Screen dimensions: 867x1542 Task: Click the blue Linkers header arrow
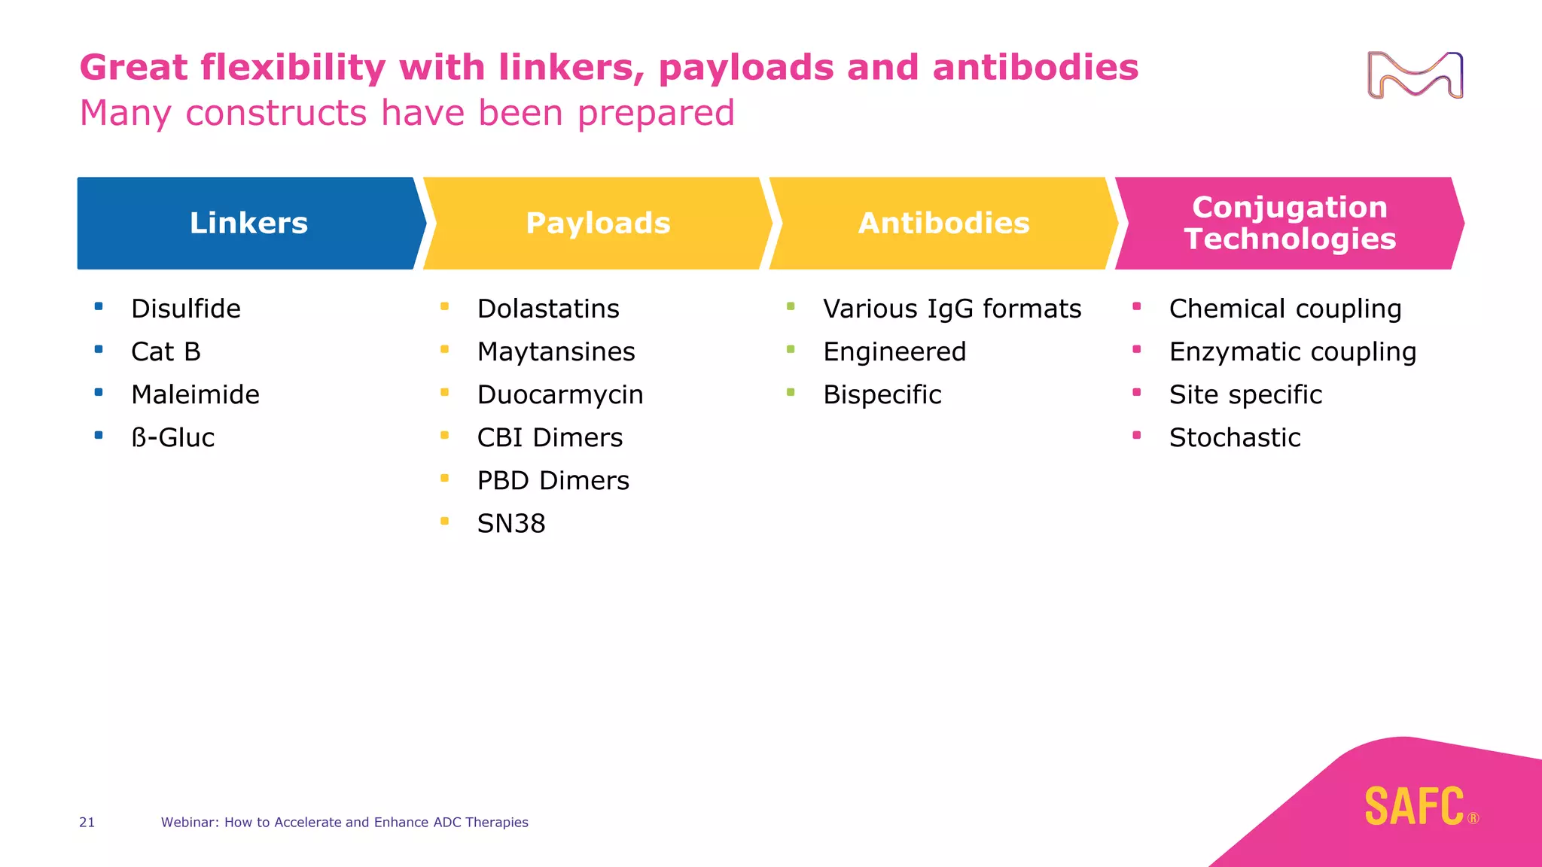248,223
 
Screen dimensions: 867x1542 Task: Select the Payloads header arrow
598,223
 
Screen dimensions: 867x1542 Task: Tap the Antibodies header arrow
943,223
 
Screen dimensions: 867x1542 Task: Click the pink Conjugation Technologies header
1289,223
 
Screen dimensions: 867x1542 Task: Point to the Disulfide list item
185,309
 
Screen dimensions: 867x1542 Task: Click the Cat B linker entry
166,351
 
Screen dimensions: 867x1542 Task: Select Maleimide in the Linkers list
195,394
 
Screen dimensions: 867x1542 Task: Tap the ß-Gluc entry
172,437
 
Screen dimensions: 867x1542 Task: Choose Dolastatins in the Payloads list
548,309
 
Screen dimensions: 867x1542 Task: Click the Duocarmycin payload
560,394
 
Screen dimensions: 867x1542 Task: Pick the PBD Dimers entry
553,480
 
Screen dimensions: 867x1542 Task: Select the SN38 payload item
511,523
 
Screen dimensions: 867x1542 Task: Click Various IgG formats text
952,309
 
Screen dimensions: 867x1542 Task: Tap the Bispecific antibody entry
882,394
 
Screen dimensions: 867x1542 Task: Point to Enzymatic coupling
1292,351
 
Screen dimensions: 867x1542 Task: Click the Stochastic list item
1235,437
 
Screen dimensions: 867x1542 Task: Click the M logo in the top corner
1415,75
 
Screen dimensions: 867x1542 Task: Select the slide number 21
87,823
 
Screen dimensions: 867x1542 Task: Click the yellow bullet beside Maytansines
445,349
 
